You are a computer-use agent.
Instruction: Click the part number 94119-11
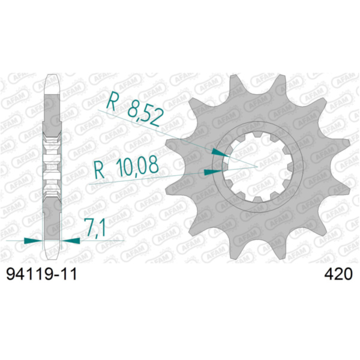pyautogui.click(x=41, y=274)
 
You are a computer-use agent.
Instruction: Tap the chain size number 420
pyautogui.click(x=338, y=274)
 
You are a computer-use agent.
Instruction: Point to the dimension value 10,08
pyautogui.click(x=137, y=167)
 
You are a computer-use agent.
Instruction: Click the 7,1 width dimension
pyautogui.click(x=95, y=227)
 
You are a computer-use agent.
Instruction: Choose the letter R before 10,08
pyautogui.click(x=100, y=170)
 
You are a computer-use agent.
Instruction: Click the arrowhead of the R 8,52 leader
pyautogui.click(x=220, y=152)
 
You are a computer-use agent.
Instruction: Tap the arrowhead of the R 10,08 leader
pyautogui.click(x=213, y=172)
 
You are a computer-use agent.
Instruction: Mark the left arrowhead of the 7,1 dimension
pyautogui.click(x=33, y=241)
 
